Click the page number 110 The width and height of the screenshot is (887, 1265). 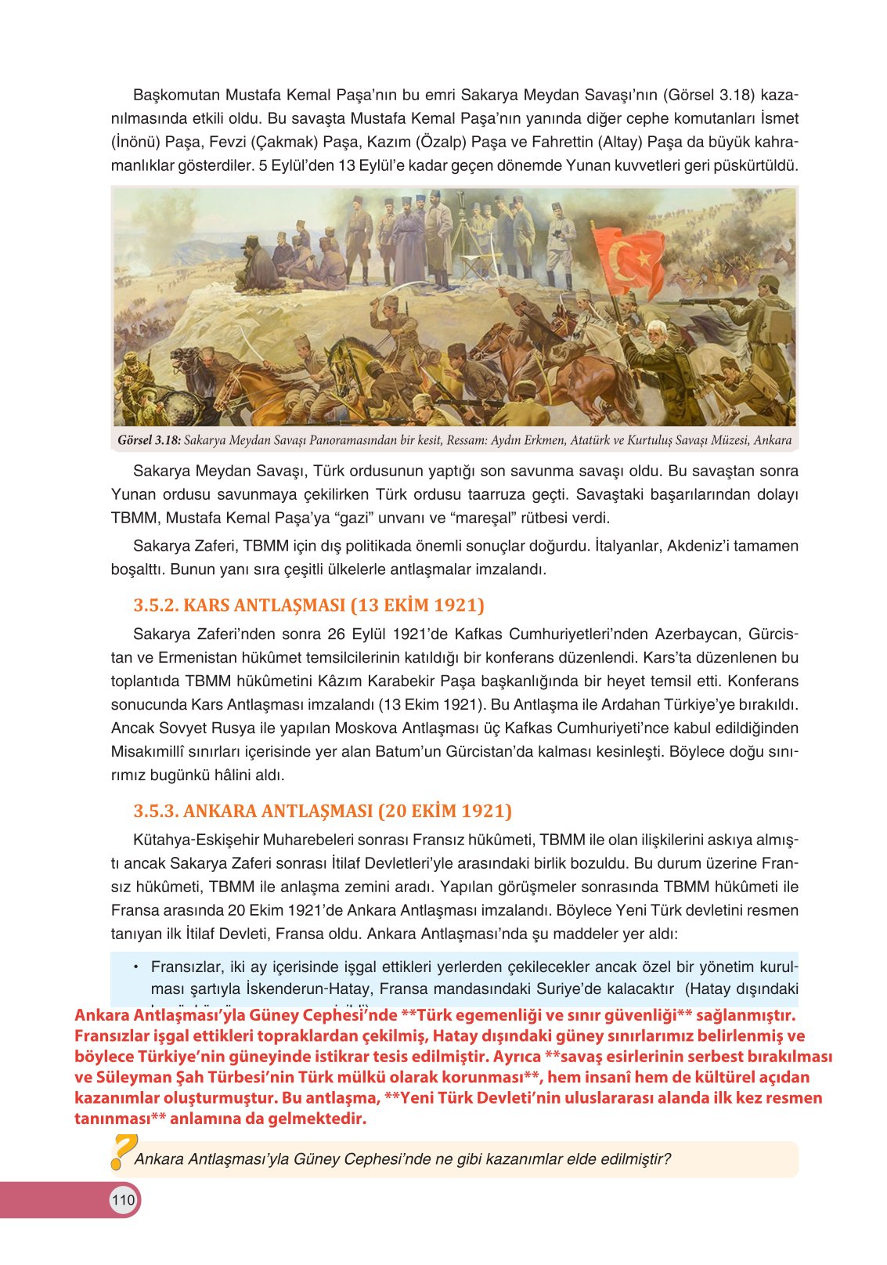pos(124,1200)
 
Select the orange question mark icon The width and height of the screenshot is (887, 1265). pos(122,1151)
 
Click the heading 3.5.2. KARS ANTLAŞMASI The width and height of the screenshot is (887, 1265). pos(308,605)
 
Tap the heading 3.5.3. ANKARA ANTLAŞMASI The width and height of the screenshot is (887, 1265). pos(323,810)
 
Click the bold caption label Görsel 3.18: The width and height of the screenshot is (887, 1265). pos(149,440)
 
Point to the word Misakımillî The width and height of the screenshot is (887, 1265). pos(154,751)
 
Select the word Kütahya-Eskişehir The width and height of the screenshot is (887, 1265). pos(197,840)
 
